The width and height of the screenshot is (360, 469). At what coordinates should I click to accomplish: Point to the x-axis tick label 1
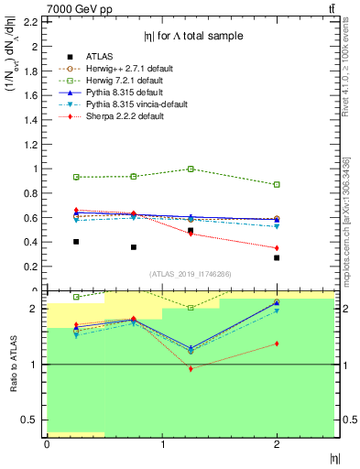pyautogui.click(x=162, y=444)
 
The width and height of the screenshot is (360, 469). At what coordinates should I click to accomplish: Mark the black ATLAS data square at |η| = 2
pyautogui.click(x=277, y=257)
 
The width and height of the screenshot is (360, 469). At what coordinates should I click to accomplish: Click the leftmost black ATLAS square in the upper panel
pyautogui.click(x=76, y=242)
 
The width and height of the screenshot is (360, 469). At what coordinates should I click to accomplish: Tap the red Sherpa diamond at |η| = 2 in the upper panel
pyautogui.click(x=277, y=248)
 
